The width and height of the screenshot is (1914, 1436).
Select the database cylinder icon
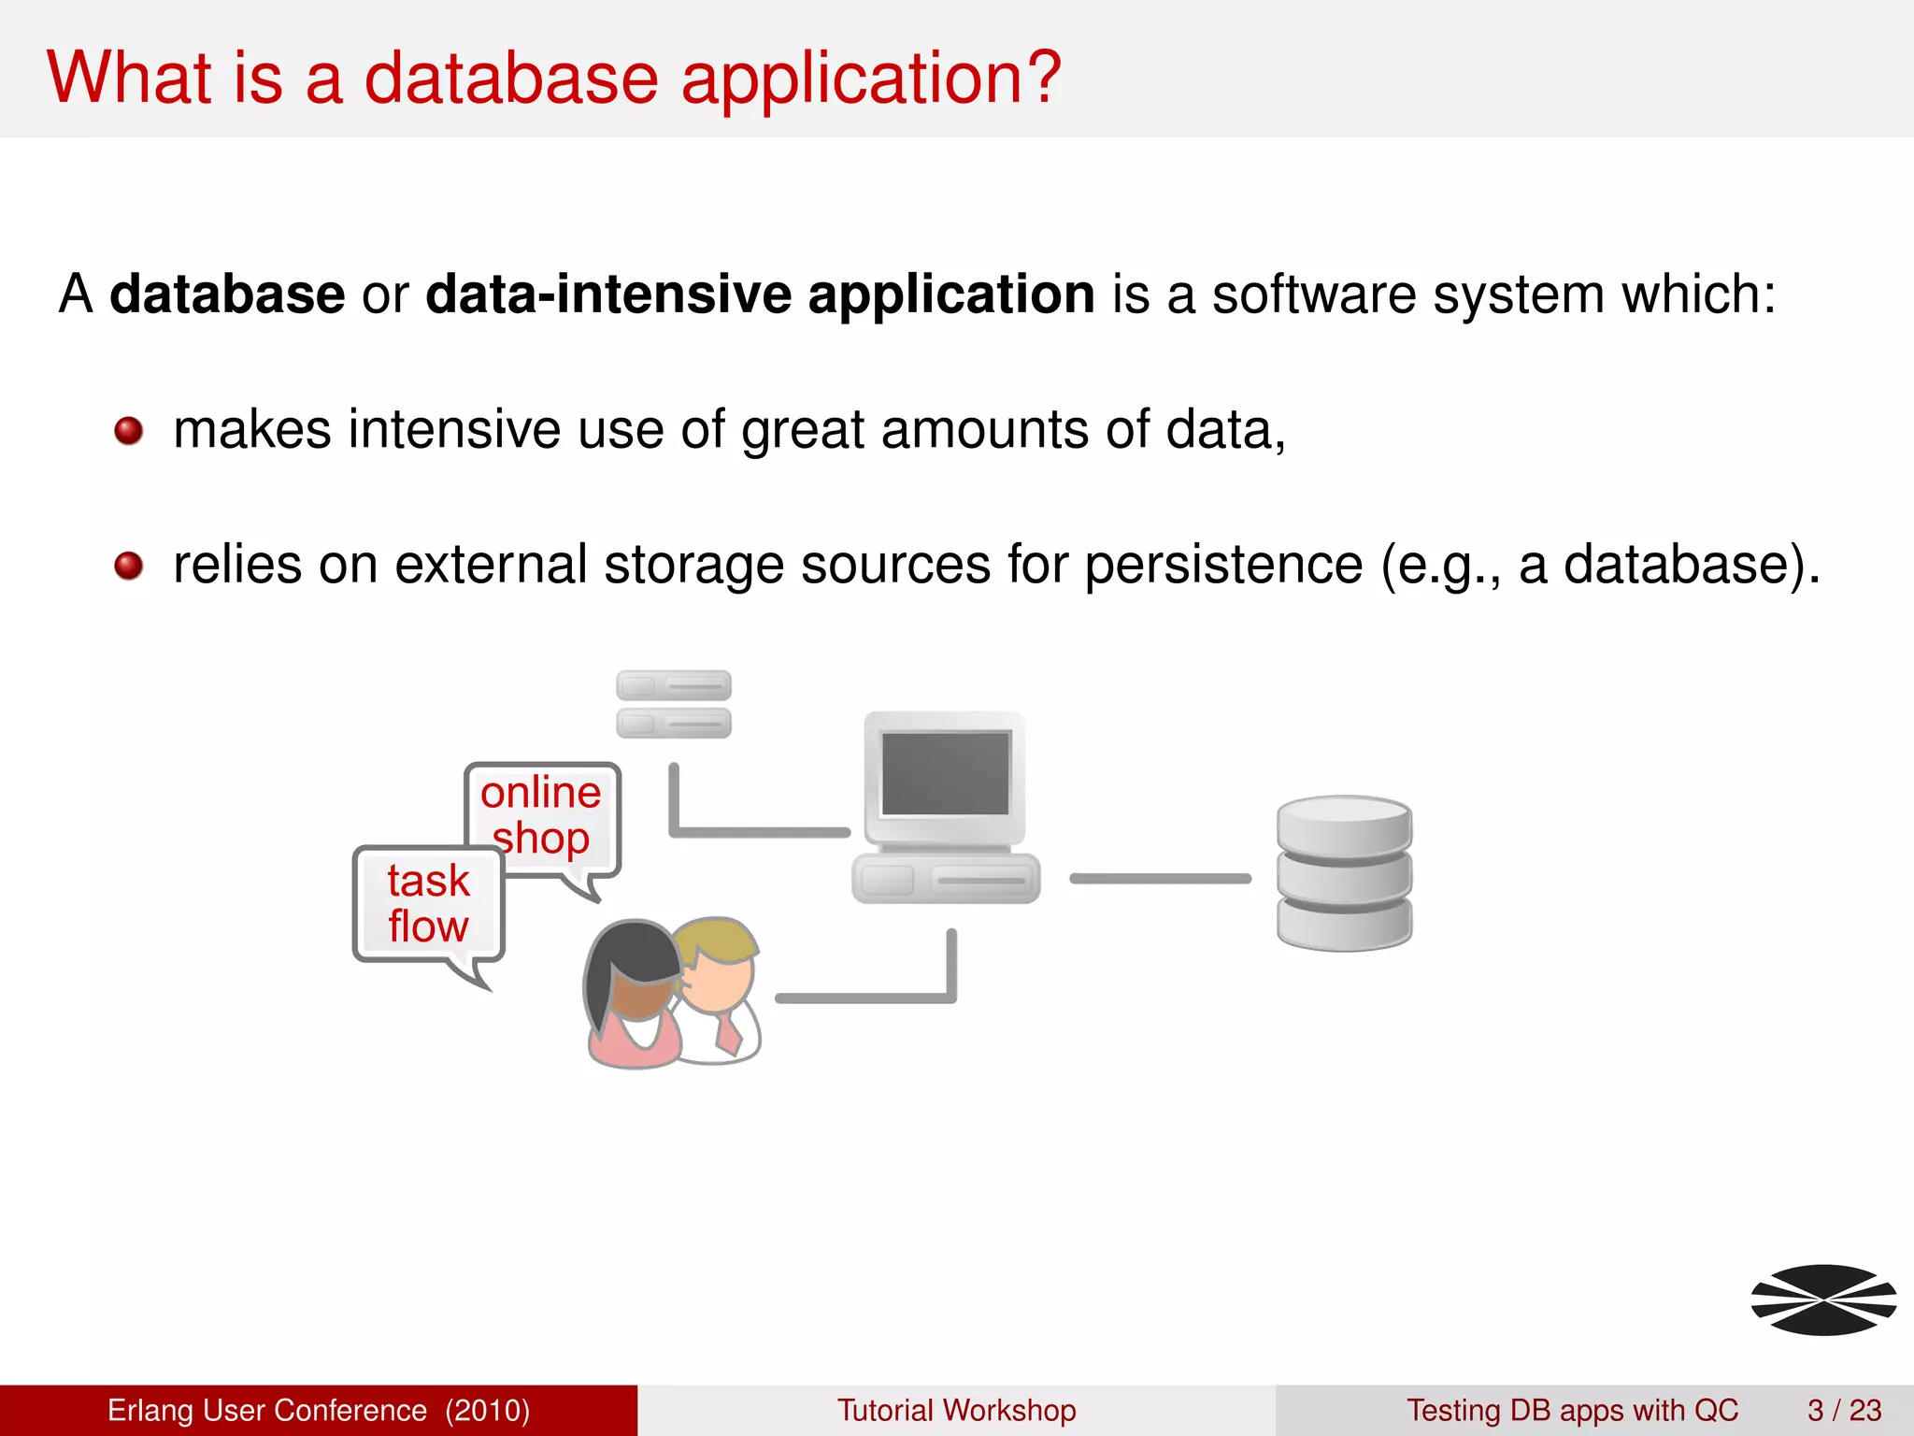[1344, 873]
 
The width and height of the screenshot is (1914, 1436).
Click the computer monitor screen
[945, 773]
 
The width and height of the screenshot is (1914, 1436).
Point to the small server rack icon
[673, 704]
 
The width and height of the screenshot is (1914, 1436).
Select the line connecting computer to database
[1160, 878]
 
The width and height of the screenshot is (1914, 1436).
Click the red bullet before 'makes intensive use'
[128, 431]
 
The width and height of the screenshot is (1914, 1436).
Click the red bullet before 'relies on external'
[128, 566]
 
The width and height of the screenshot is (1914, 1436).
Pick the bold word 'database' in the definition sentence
[227, 294]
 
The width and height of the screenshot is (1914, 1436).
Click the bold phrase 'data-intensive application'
[759, 294]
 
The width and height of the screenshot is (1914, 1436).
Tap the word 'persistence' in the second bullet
[1222, 565]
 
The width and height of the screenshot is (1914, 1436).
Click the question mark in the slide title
[1039, 77]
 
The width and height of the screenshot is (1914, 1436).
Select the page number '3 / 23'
[1844, 1410]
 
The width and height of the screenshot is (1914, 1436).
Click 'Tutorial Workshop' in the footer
[956, 1410]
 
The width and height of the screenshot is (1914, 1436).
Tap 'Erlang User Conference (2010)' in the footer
[319, 1410]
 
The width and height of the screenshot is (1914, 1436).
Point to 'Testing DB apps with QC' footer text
[1572, 1410]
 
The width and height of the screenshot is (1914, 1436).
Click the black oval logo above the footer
[1822, 1300]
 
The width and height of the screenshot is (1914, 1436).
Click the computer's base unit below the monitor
[945, 879]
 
